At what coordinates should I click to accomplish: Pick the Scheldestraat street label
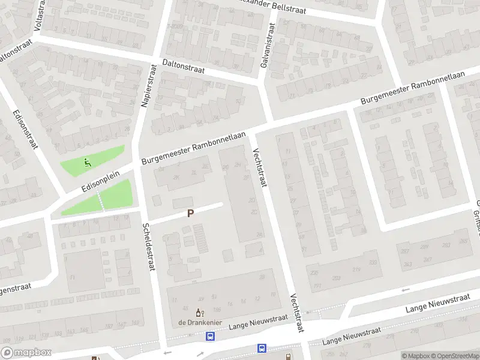pyautogui.click(x=149, y=247)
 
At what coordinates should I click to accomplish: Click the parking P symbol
pyautogui.click(x=191, y=213)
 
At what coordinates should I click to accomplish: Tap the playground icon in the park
pyautogui.click(x=88, y=161)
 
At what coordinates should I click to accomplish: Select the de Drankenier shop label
pyautogui.click(x=200, y=322)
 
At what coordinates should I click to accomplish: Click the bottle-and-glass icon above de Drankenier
pyautogui.click(x=200, y=313)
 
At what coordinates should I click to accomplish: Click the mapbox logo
pyautogui.click(x=26, y=353)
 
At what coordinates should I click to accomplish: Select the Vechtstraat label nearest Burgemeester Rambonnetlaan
pyautogui.click(x=260, y=167)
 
